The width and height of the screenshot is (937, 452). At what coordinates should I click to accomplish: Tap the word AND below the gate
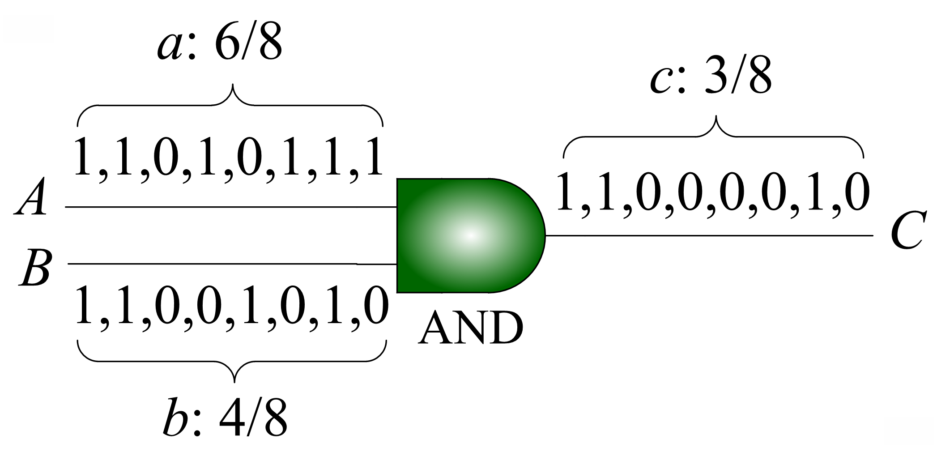pos(470,328)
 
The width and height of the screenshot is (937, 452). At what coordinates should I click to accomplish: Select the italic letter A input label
pos(31,197)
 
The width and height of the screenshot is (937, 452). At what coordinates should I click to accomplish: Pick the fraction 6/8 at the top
pos(248,45)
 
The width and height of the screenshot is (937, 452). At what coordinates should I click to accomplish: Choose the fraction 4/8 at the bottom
pos(253,419)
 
